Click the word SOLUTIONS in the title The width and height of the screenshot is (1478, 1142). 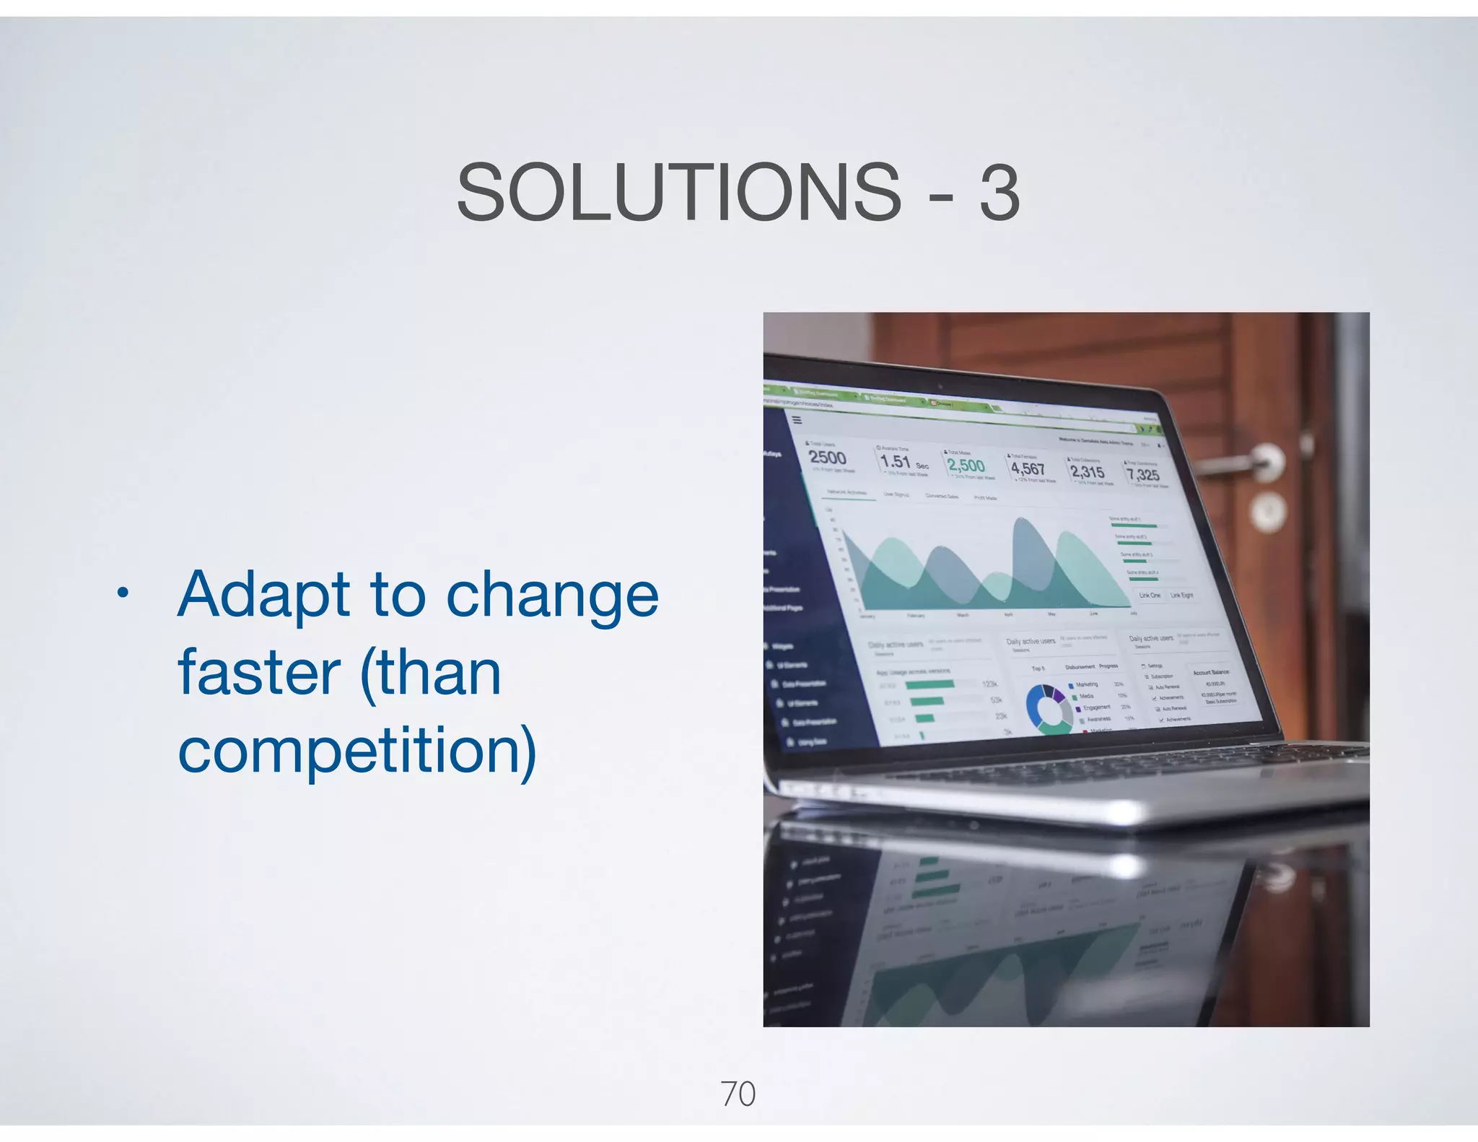click(678, 192)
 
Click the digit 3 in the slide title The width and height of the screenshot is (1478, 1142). click(1000, 193)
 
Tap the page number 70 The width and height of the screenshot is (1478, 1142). click(738, 1094)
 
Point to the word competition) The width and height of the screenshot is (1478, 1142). click(357, 751)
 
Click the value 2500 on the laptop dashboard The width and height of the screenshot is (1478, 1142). click(827, 458)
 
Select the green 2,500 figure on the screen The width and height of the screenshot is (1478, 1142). click(966, 466)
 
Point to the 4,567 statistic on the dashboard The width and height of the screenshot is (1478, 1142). click(1028, 469)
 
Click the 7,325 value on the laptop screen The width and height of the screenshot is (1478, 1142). click(1143, 474)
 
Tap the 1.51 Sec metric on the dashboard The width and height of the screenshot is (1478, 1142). click(902, 462)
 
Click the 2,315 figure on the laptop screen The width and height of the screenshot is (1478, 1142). click(1087, 471)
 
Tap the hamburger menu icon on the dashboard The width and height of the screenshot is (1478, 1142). click(797, 419)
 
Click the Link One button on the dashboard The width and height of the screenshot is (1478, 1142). click(1150, 595)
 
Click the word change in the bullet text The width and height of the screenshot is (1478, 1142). click(552, 596)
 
